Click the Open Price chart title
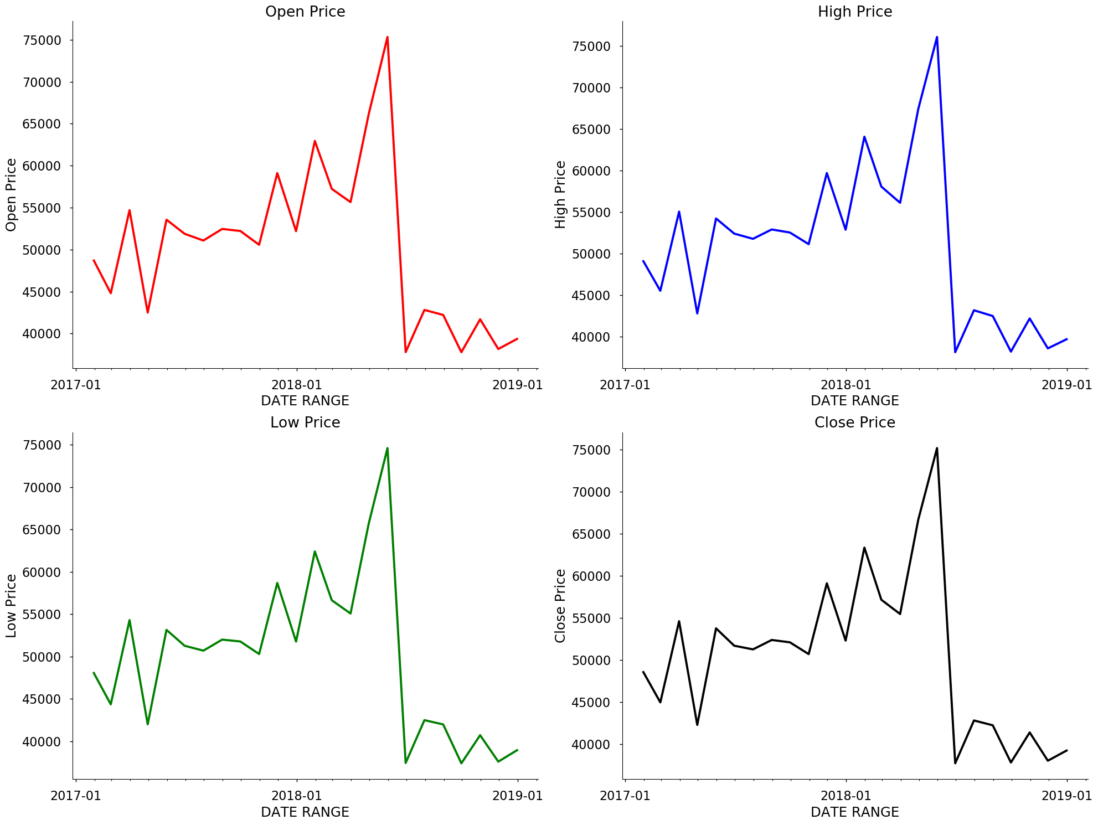pyautogui.click(x=305, y=12)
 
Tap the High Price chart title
pyautogui.click(x=854, y=12)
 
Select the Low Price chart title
pyautogui.click(x=305, y=422)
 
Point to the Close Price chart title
pyautogui.click(x=854, y=422)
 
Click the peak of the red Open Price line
pyautogui.click(x=387, y=37)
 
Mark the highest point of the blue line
pyautogui.click(x=936, y=37)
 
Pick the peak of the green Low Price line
pyautogui.click(x=387, y=448)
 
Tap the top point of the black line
pyautogui.click(x=936, y=448)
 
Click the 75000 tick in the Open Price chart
pyautogui.click(x=42, y=40)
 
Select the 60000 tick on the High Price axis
pyautogui.click(x=591, y=171)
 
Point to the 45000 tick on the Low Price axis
pyautogui.click(x=42, y=699)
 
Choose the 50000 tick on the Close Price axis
pyautogui.click(x=591, y=661)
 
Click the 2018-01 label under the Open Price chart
pyautogui.click(x=297, y=385)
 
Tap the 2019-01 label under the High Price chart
pyautogui.click(x=1066, y=385)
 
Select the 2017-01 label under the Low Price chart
pyautogui.click(x=76, y=796)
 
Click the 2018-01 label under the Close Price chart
pyautogui.click(x=846, y=796)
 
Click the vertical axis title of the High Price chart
pyautogui.click(x=560, y=194)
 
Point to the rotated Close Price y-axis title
pyautogui.click(x=560, y=606)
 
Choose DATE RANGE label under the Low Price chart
pyautogui.click(x=305, y=812)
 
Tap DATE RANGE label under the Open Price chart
pyautogui.click(x=305, y=401)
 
